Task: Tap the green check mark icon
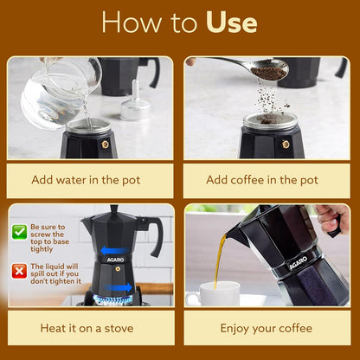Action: coord(19,231)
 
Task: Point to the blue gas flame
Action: coord(113,299)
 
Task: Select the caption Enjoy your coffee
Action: coord(266,328)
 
